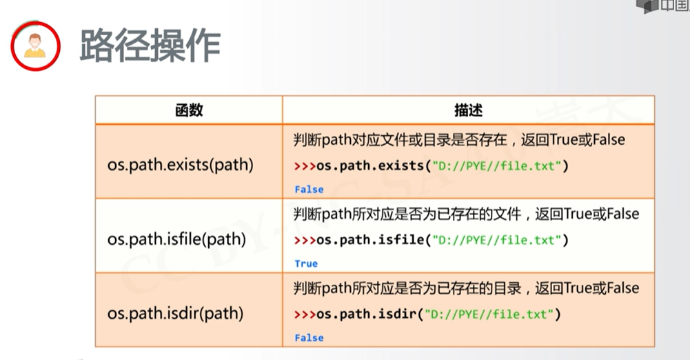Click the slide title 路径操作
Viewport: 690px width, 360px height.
150,46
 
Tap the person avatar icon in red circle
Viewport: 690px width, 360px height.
35,46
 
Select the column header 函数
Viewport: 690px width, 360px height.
189,110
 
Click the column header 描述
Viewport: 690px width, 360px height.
468,110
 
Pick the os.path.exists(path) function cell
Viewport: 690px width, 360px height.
181,165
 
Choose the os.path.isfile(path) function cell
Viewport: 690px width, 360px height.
176,239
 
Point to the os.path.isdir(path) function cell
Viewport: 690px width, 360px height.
175,313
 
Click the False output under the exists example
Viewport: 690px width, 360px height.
309,189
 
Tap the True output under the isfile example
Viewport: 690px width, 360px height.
306,263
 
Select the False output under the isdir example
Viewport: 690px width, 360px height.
309,337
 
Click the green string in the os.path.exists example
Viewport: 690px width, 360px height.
497,166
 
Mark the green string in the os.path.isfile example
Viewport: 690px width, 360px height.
497,240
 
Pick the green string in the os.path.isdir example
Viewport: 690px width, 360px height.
489,314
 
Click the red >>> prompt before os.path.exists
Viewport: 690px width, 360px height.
305,166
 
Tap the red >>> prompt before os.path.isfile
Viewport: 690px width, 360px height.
305,240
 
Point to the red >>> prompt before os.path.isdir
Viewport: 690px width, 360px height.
305,314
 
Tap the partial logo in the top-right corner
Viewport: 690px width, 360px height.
663,6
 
